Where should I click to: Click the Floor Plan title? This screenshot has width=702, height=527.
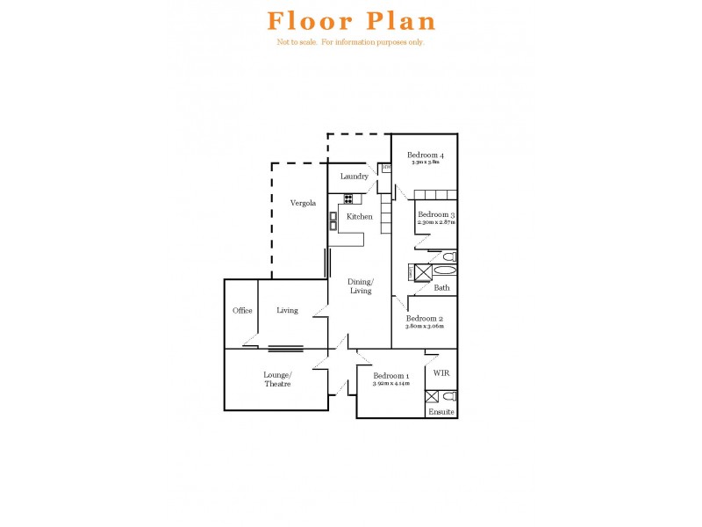point(351,21)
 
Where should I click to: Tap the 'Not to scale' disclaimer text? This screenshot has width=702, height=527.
point(351,42)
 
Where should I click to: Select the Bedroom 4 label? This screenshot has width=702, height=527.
point(424,155)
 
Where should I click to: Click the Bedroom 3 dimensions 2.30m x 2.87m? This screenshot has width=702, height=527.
point(436,223)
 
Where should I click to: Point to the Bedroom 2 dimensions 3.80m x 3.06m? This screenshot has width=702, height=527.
point(424,326)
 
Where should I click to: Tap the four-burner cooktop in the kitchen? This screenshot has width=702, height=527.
point(347,199)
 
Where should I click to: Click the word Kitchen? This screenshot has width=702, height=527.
point(360,216)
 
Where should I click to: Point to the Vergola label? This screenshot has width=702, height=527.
point(303,203)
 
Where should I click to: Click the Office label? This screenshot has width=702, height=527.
point(242,310)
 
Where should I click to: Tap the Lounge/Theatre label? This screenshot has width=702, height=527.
point(277,379)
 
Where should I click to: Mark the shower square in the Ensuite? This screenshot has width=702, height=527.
point(432,396)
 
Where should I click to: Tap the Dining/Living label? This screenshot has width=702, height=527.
point(362,285)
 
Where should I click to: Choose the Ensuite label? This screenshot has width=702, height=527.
point(441,411)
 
